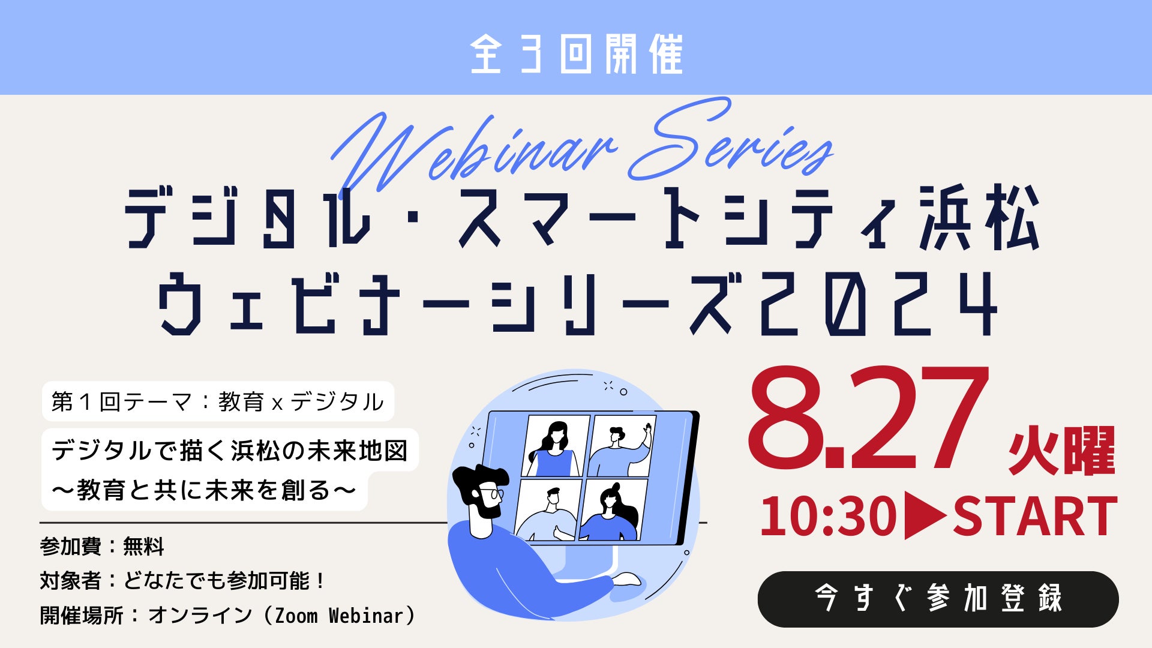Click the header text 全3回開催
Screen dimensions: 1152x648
pos(576,54)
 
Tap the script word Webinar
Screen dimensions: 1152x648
pos(474,153)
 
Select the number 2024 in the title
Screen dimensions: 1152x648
pos(878,304)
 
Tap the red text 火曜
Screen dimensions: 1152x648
pos(1061,451)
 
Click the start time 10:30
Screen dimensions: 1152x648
pos(829,516)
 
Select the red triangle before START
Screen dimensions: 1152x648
pos(925,516)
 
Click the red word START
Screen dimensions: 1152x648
pos(1035,516)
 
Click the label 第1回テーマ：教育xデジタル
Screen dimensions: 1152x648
pos(217,401)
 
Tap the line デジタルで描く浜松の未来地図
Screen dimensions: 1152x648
pos(230,451)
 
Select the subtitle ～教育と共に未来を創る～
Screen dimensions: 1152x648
pos(204,490)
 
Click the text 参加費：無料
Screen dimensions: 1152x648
pos(102,547)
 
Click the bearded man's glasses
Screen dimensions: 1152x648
pos(491,494)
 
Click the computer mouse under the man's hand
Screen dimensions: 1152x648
pos(626,579)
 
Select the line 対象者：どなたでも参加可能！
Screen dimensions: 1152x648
pos(182,581)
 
